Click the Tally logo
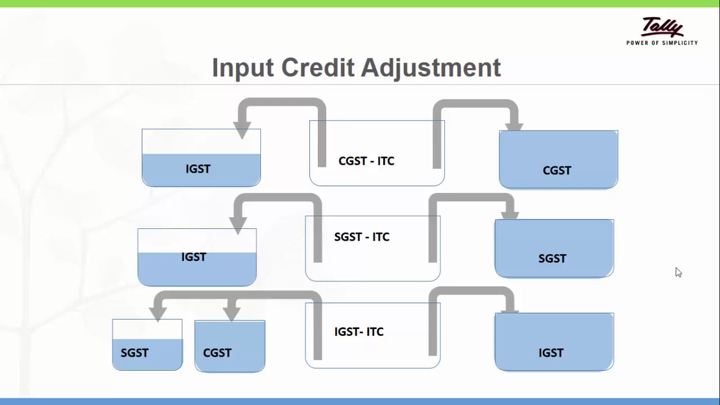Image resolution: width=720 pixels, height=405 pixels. click(662, 26)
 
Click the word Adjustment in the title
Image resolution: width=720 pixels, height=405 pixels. click(430, 68)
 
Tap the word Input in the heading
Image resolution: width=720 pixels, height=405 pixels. click(242, 68)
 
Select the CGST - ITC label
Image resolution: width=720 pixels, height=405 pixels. click(366, 161)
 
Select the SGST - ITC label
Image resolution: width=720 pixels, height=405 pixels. click(362, 237)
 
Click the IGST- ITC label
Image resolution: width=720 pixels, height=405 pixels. click(359, 332)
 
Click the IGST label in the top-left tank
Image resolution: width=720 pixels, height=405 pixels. click(198, 169)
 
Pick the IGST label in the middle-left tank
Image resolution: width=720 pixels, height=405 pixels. click(193, 257)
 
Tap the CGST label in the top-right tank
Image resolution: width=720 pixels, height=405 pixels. click(557, 170)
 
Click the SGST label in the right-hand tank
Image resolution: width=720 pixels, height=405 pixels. click(552, 259)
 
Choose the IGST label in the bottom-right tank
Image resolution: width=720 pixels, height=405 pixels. click(551, 353)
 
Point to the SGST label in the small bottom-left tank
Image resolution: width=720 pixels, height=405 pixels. click(134, 353)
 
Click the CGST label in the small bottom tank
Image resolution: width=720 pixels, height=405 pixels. click(217, 353)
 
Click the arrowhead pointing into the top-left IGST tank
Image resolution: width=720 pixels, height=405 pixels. click(242, 129)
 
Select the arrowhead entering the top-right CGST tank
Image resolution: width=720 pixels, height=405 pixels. click(514, 125)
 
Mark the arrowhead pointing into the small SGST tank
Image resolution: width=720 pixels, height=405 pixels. click(158, 313)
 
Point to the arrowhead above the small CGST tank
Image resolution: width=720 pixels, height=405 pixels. click(231, 313)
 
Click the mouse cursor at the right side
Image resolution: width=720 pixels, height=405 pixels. click(678, 272)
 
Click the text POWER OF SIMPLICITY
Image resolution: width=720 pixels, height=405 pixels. click(662, 43)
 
